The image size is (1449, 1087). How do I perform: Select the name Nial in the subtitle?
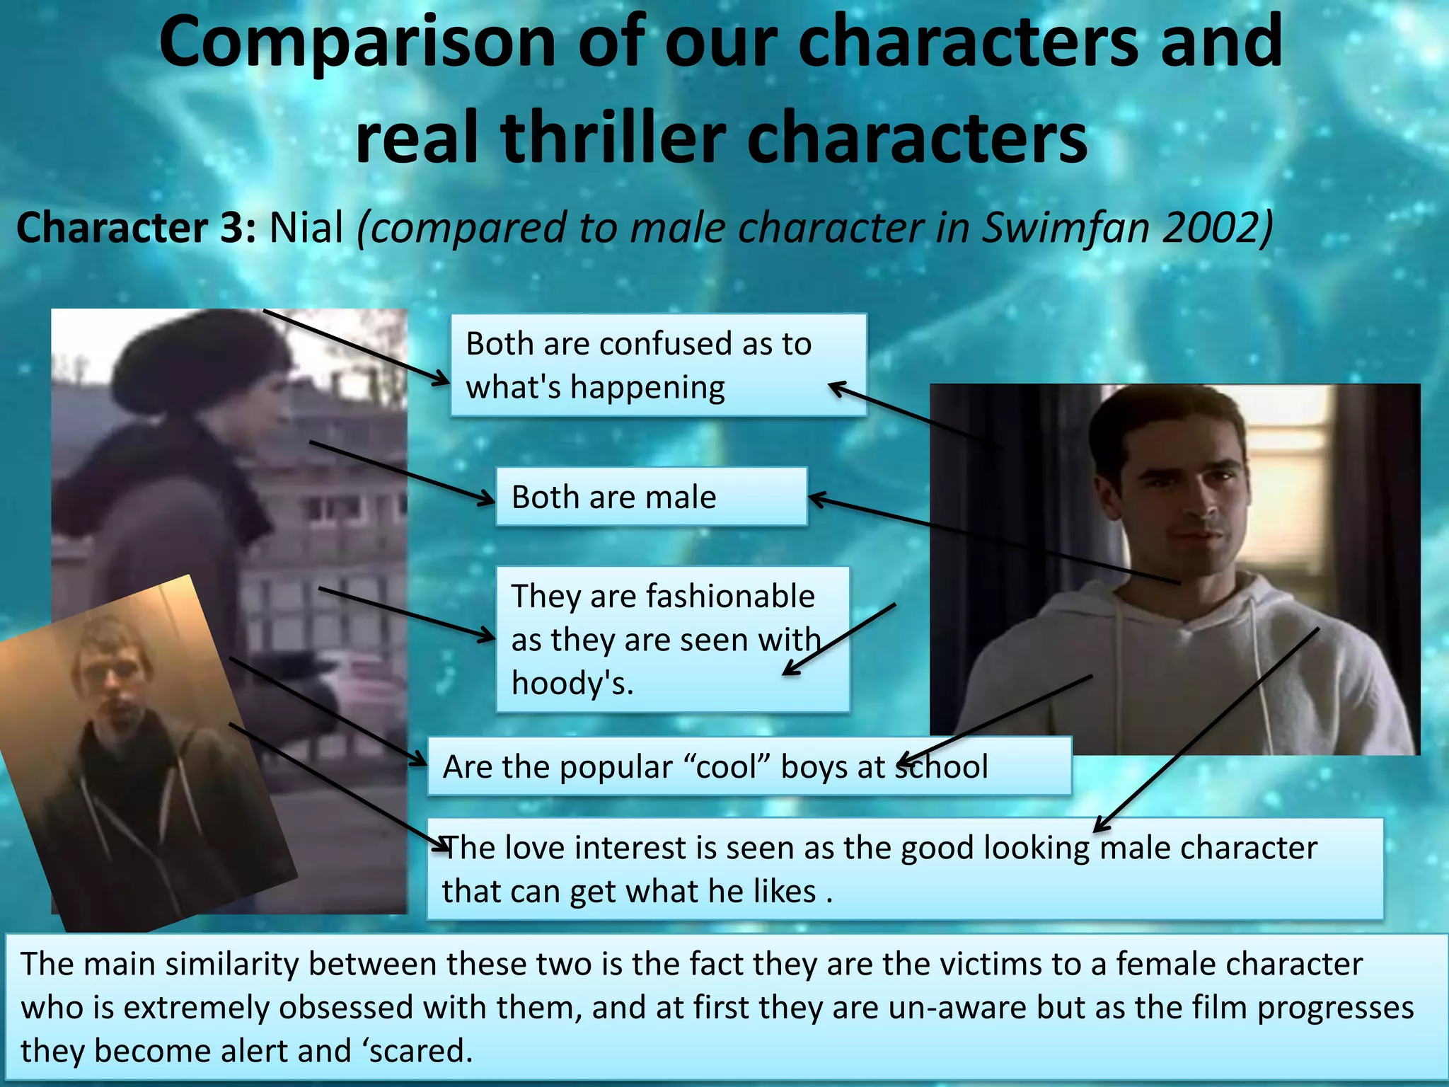pos(306,228)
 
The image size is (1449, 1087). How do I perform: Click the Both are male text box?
pos(651,497)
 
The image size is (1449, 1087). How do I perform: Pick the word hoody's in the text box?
pos(572,684)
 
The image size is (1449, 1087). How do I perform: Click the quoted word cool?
pos(732,767)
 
